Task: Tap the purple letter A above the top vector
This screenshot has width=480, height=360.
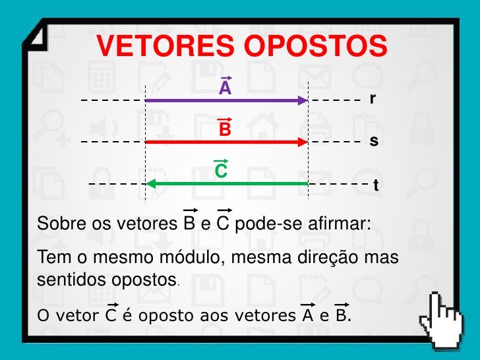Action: (x=225, y=88)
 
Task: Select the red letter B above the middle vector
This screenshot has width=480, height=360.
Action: (x=225, y=130)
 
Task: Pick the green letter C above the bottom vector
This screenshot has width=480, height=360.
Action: (x=222, y=171)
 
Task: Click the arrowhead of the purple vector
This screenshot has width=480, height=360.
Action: (x=303, y=100)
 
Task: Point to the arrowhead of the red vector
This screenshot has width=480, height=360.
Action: (x=303, y=142)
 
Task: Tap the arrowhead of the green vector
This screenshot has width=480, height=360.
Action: (x=150, y=183)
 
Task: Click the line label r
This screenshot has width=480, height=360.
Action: (x=373, y=99)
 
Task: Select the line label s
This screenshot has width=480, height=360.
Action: (x=373, y=141)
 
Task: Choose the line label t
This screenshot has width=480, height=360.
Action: (x=376, y=186)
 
